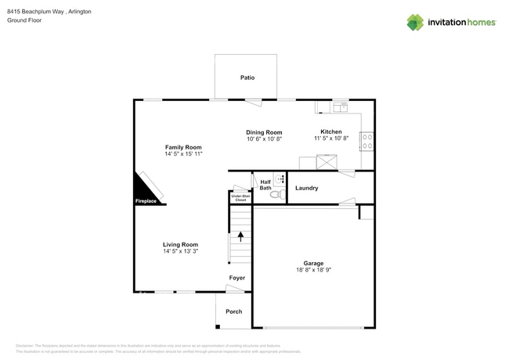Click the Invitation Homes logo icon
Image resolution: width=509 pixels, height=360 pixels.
pos(415,22)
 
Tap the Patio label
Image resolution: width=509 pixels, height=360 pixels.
pos(247,77)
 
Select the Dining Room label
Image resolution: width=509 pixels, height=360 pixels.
pos(264,132)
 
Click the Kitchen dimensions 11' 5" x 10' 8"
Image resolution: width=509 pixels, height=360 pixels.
pos(330,139)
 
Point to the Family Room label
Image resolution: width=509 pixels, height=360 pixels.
pos(183,147)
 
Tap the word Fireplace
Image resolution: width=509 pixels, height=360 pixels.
pos(146,201)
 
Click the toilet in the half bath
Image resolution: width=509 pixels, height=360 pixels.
pos(275,193)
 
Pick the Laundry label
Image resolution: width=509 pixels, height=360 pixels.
pos(306,188)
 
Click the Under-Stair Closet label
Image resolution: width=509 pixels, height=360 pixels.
pos(240,198)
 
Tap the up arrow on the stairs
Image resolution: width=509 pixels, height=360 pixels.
pos(240,234)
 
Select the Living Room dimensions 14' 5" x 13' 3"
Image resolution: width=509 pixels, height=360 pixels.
pos(180,251)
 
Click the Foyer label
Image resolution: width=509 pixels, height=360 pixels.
pos(236,278)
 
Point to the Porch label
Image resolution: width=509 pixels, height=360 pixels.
pos(233,311)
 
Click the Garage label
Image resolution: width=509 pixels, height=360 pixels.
pos(313,263)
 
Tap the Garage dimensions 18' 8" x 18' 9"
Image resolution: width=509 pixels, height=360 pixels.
pos(313,270)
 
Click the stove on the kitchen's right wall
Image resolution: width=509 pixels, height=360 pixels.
pos(366,141)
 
